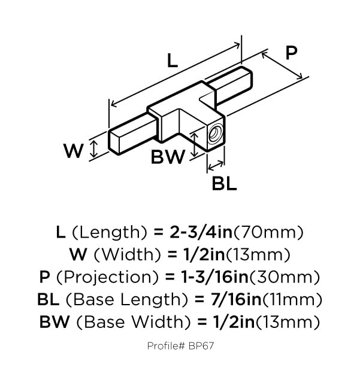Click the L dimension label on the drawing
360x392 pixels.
pyautogui.click(x=172, y=61)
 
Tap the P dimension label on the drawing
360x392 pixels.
pyautogui.click(x=291, y=53)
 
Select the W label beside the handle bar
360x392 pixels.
pyautogui.click(x=73, y=151)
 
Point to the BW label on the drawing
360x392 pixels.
pyautogui.click(x=168, y=157)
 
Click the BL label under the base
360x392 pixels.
pyautogui.click(x=224, y=184)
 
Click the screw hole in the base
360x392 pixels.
pyautogui.click(x=214, y=133)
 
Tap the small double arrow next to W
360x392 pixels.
pyautogui.click(x=93, y=149)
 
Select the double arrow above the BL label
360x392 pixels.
pyautogui.click(x=216, y=165)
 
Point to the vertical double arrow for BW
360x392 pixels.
pyautogui.click(x=195, y=144)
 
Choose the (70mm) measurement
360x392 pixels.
pyautogui.click(x=268, y=232)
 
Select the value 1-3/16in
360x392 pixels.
pyautogui.click(x=215, y=277)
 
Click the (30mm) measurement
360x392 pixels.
pyautogui.click(x=285, y=278)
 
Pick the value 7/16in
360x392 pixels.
pyautogui.click(x=236, y=299)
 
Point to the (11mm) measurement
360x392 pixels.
pyautogui.click(x=292, y=300)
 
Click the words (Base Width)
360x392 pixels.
pyautogui.click(x=134, y=322)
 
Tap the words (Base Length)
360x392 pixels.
pyautogui.click(x=126, y=300)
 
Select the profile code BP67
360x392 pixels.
pyautogui.click(x=201, y=346)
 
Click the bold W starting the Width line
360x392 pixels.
pyautogui.click(x=78, y=254)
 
